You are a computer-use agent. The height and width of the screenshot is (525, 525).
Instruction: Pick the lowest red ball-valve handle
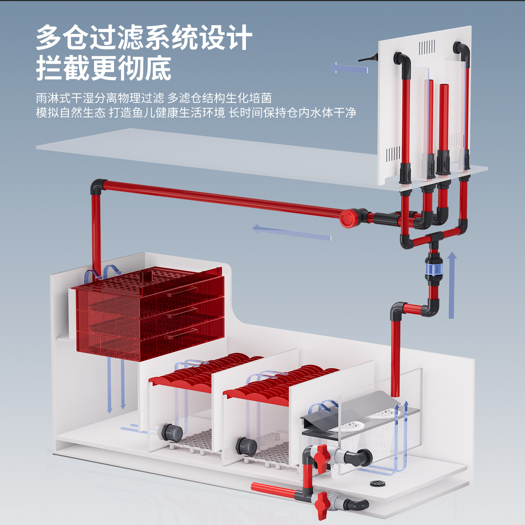pyautogui.click(x=322, y=505)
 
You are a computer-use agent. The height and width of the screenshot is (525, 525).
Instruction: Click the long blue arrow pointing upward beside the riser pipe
pyautogui.click(x=452, y=284)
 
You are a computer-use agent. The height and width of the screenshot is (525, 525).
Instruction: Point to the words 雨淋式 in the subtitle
pyautogui.click(x=53, y=98)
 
